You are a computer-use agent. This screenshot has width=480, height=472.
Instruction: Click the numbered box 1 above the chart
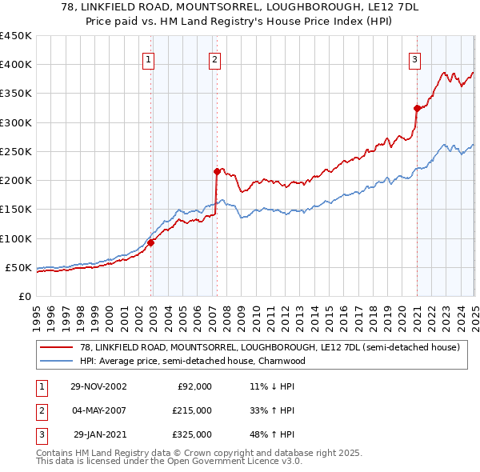click(150, 58)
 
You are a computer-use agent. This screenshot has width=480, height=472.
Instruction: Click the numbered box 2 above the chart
click(215, 58)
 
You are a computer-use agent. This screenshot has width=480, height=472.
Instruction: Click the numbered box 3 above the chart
click(415, 58)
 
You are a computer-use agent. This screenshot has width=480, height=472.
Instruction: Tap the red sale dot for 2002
click(150, 243)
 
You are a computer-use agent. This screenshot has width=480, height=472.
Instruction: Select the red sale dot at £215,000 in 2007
click(217, 171)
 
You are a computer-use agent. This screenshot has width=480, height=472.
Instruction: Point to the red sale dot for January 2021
click(417, 108)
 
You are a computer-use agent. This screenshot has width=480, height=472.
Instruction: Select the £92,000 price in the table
click(194, 386)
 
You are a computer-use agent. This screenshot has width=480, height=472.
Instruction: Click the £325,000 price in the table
click(191, 434)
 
